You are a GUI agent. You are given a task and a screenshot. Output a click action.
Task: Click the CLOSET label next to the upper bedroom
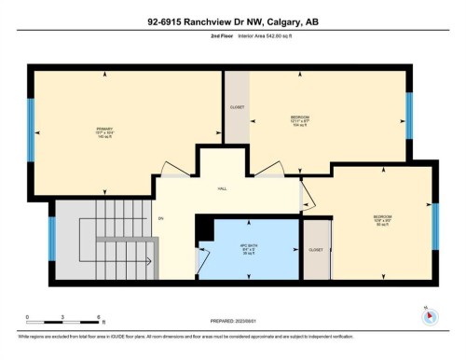[x=237, y=107]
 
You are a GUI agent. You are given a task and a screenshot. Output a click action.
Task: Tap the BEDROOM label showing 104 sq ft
[x=299, y=120]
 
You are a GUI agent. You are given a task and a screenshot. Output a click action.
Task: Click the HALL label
[x=223, y=188]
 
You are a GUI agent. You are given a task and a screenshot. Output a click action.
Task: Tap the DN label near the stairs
[x=160, y=219]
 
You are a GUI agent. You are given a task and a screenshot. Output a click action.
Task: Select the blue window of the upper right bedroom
[x=407, y=115]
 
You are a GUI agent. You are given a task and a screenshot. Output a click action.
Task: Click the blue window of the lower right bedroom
[x=435, y=225]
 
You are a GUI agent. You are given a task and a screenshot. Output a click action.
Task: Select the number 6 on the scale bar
[x=99, y=317]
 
